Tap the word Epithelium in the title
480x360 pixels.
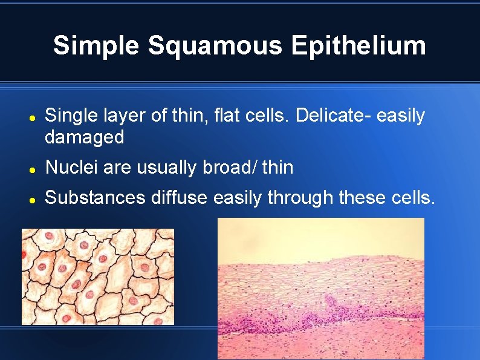click(x=359, y=46)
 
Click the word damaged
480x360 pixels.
click(x=84, y=137)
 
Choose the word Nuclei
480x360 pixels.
click(x=71, y=168)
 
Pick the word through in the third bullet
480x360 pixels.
click(x=300, y=197)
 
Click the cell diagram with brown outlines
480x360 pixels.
click(x=97, y=277)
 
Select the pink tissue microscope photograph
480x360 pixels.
click(x=320, y=289)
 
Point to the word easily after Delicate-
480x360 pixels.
click(x=401, y=116)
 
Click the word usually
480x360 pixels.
click(x=167, y=168)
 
